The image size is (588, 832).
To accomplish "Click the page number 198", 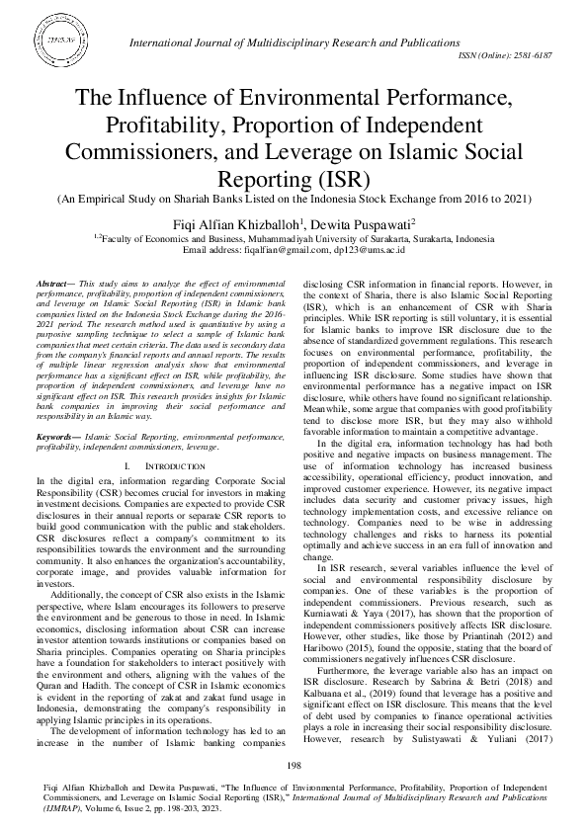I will (x=294, y=767).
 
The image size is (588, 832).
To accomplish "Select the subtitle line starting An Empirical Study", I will (x=294, y=199).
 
